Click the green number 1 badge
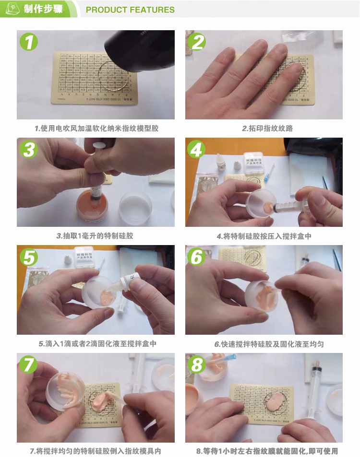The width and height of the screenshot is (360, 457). tap(29, 42)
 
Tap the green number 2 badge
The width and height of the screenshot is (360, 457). tap(197, 42)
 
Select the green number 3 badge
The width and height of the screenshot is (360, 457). tap(29, 150)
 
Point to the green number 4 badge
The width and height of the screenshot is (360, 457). tap(197, 150)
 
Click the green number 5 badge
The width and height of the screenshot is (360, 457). tap(29, 258)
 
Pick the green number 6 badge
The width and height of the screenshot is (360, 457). tap(197, 258)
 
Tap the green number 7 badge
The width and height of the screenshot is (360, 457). tap(29, 365)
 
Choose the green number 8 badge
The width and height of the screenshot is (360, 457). tap(197, 365)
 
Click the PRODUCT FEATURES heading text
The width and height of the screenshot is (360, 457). tap(130, 10)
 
